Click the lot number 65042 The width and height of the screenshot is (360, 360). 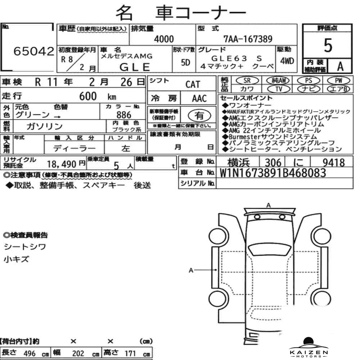[x=34, y=51]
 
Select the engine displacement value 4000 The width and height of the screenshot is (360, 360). [x=164, y=39]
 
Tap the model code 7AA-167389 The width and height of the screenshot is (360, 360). [x=248, y=39]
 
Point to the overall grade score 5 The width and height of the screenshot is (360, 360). [x=328, y=45]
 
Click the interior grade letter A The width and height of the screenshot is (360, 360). [x=340, y=67]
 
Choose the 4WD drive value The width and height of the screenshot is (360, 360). [x=287, y=61]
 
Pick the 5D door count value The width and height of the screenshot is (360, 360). [x=185, y=62]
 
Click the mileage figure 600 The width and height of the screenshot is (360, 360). [x=88, y=96]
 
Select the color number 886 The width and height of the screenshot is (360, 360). [x=124, y=115]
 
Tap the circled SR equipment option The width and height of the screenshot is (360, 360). [x=247, y=81]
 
